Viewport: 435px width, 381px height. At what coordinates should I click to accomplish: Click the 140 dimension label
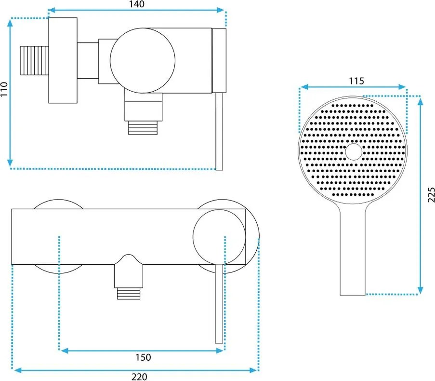coord(137,4)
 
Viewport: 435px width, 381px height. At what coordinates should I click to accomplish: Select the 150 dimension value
coord(143,357)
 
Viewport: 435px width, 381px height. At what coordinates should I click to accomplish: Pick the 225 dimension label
coord(430,195)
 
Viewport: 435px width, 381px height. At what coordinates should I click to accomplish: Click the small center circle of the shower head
coord(354,151)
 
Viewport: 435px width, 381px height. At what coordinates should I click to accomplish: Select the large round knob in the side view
coord(143,60)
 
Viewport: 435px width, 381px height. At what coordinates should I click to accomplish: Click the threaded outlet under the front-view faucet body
coord(130,292)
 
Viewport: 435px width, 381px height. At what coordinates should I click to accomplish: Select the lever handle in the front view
coord(219,304)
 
